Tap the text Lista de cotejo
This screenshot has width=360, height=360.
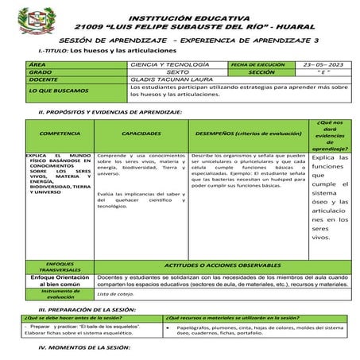click(x=116, y=294)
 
